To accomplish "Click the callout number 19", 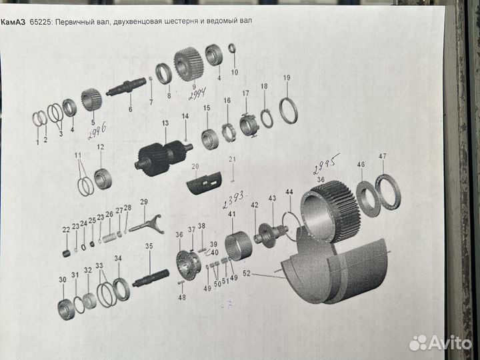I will point(287,78).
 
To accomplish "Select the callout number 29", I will point(143,201).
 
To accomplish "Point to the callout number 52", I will point(247,273).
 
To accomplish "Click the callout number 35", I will point(149,247).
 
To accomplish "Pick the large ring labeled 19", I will point(288,110).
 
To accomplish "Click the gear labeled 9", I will point(188,64).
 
